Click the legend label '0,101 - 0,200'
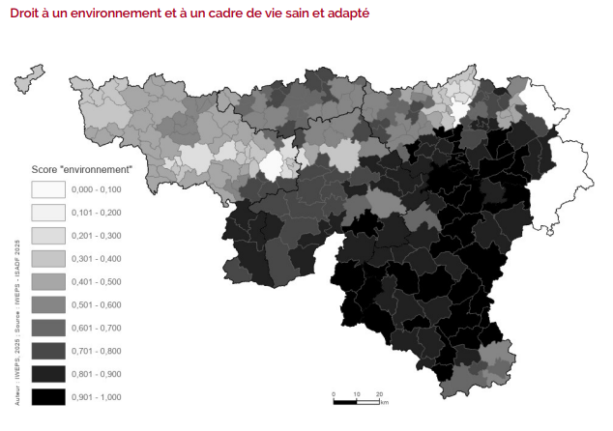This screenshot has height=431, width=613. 98,212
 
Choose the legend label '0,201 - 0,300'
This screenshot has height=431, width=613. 98,235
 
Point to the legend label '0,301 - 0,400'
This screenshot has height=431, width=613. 98,258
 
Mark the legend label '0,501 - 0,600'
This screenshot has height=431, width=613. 98,304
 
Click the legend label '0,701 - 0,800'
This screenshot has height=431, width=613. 98,350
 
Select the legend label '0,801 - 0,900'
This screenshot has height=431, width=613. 98,373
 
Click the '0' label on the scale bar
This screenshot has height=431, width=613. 334,393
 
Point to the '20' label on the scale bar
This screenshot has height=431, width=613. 379,393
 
